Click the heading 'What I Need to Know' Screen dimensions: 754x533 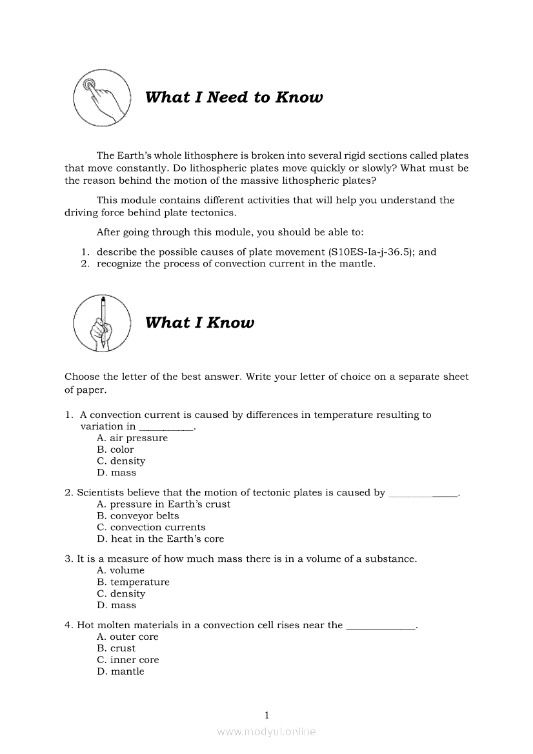click(x=234, y=97)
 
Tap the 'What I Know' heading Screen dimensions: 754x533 click(x=199, y=322)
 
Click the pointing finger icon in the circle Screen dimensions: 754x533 click(x=100, y=98)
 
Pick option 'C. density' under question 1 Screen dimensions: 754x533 click(x=121, y=461)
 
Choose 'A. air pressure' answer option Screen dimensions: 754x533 click(x=132, y=438)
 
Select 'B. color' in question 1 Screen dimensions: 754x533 click(x=116, y=450)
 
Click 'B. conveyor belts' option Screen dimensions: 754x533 click(x=138, y=516)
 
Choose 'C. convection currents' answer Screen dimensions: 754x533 click(x=151, y=528)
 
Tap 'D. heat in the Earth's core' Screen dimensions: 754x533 click(x=160, y=539)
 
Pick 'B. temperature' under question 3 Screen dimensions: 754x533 click(x=133, y=582)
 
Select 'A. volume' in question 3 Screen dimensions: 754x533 click(x=121, y=571)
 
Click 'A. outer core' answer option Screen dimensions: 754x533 click(x=127, y=637)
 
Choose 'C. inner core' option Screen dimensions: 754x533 click(x=128, y=660)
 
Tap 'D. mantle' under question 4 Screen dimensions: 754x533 click(x=121, y=672)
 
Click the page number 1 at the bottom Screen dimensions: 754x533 click(x=266, y=715)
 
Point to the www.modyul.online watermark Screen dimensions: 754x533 click(x=266, y=732)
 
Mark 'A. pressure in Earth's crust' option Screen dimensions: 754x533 click(x=163, y=504)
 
